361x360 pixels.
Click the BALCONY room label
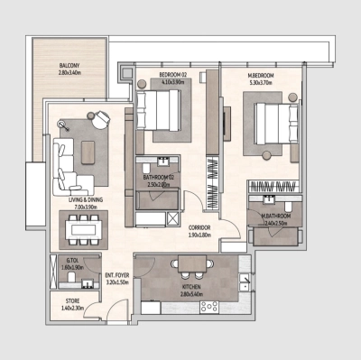point(69,66)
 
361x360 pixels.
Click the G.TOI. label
point(73,263)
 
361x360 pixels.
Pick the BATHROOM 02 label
point(159,178)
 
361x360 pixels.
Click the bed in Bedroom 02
point(164,115)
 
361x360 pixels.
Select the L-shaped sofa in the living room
point(68,162)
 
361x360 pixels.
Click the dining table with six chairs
point(84,229)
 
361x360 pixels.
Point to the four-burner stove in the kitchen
point(209,307)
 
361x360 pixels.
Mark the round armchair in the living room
point(102,118)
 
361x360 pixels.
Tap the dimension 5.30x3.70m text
point(263,83)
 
